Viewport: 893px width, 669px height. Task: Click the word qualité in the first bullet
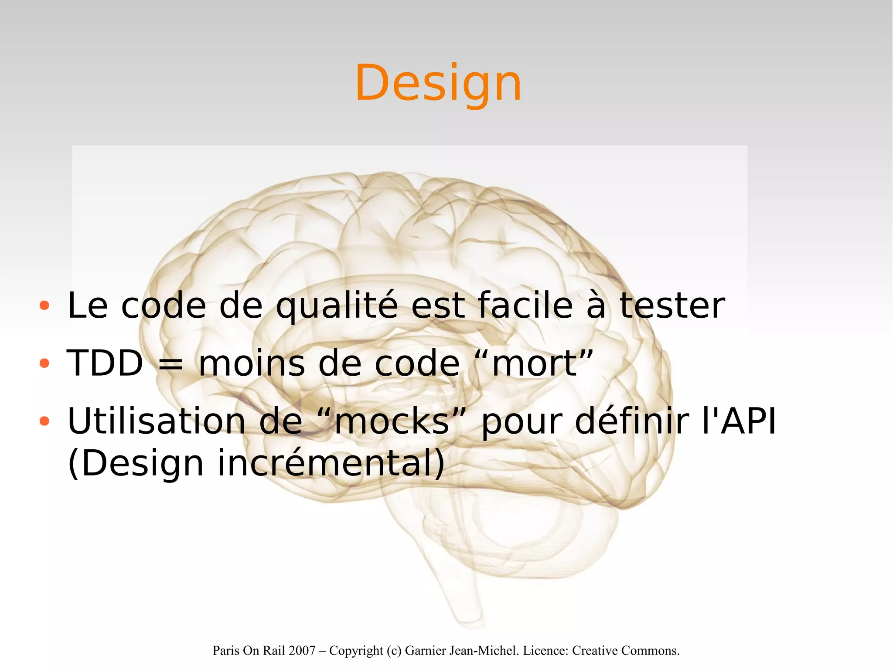[337, 306]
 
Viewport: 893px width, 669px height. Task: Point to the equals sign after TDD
[170, 364]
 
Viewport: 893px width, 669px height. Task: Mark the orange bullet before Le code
[44, 306]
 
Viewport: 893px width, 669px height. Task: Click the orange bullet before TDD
[44, 363]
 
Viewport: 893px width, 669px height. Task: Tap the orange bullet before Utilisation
[44, 421]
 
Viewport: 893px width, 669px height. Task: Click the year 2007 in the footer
[302, 651]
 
